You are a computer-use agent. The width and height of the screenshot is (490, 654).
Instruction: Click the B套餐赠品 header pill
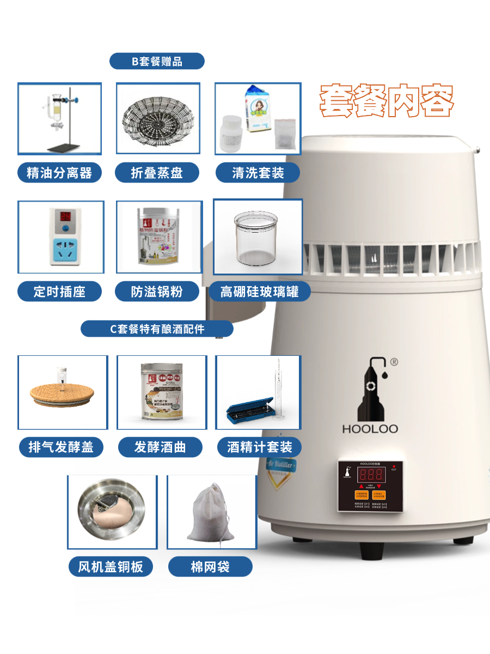pyautogui.click(x=157, y=61)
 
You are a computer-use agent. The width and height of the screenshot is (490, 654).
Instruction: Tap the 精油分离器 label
pyautogui.click(x=59, y=173)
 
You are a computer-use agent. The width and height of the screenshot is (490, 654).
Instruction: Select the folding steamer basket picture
pyautogui.click(x=157, y=118)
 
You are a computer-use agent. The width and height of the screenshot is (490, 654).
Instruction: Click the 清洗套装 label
pyautogui.click(x=258, y=173)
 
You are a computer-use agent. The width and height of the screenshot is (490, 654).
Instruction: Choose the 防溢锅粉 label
pyautogui.click(x=157, y=292)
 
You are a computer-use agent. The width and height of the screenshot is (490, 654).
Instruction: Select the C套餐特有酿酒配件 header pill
pyautogui.click(x=157, y=329)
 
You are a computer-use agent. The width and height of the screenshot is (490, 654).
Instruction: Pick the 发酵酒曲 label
pyautogui.click(x=160, y=447)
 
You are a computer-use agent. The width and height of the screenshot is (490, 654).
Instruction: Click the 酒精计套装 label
pyautogui.click(x=259, y=447)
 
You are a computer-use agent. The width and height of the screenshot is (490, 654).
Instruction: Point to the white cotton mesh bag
pyautogui.click(x=211, y=513)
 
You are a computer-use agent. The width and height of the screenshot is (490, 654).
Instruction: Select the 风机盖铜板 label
pyautogui.click(x=111, y=567)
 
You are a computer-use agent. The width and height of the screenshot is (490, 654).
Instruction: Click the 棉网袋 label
pyautogui.click(x=210, y=567)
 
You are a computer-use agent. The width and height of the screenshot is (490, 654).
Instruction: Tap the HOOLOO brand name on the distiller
pyautogui.click(x=370, y=429)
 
